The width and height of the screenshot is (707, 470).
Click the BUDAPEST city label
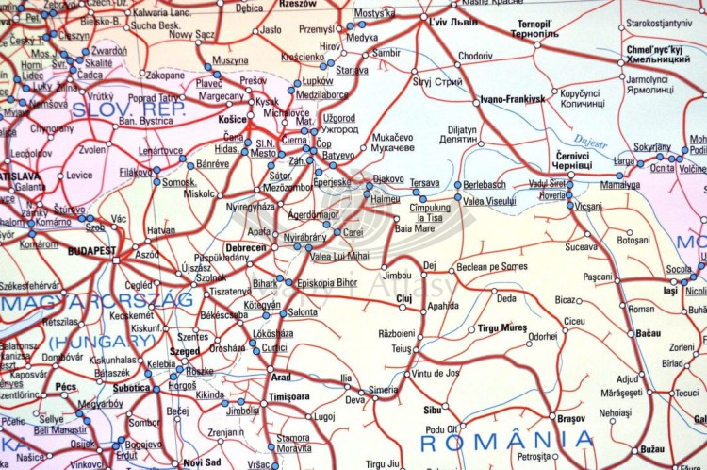pyautogui.click(x=91, y=251)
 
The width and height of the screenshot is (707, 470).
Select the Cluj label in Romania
pyautogui.click(x=404, y=298)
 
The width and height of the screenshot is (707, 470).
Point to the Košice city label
pyautogui.click(x=233, y=120)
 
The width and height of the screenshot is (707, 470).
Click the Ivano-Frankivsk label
pyautogui.click(x=512, y=99)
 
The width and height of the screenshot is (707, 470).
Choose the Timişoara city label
pyautogui.click(x=289, y=397)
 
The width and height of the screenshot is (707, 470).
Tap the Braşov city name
pyautogui.click(x=571, y=417)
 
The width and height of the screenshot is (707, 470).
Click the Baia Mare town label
pyautogui.click(x=415, y=228)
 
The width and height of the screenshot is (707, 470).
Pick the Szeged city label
pyautogui.click(x=184, y=351)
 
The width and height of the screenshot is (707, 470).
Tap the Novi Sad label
pyautogui.click(x=202, y=462)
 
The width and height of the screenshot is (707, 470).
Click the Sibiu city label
pyautogui.click(x=433, y=411)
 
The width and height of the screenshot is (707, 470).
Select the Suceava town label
pyautogui.click(x=582, y=246)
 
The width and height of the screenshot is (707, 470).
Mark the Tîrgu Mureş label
pyautogui.click(x=501, y=327)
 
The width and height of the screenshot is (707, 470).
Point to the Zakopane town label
pyautogui.click(x=166, y=75)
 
